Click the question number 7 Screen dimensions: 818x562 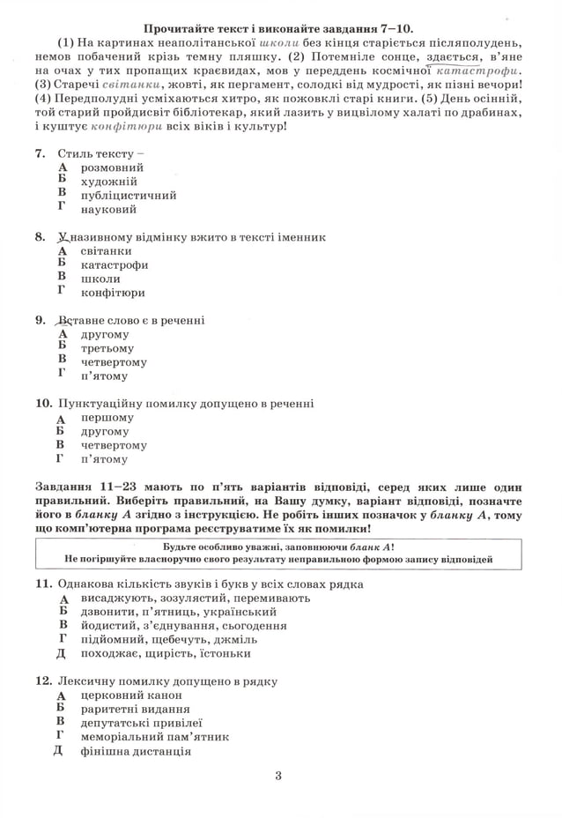tap(40, 153)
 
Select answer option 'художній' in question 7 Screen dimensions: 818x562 tap(108, 182)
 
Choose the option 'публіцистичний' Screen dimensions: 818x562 tap(128, 196)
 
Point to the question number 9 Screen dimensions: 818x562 tap(40, 320)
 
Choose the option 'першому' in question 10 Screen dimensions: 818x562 tap(107, 418)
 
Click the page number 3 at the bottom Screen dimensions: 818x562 tap(277, 776)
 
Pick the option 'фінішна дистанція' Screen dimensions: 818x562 tap(135, 751)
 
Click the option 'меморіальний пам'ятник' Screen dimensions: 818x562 tap(154, 737)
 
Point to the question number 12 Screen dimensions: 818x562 tap(43, 681)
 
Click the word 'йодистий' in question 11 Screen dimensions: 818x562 tap(104, 625)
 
